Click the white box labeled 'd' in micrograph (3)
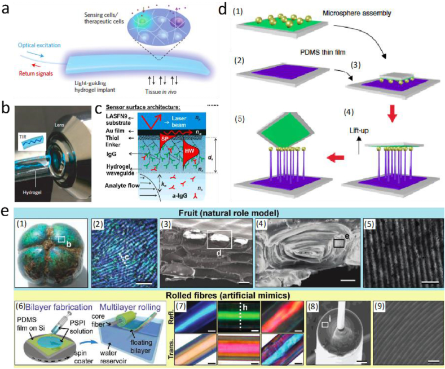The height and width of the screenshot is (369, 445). point(222,239)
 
